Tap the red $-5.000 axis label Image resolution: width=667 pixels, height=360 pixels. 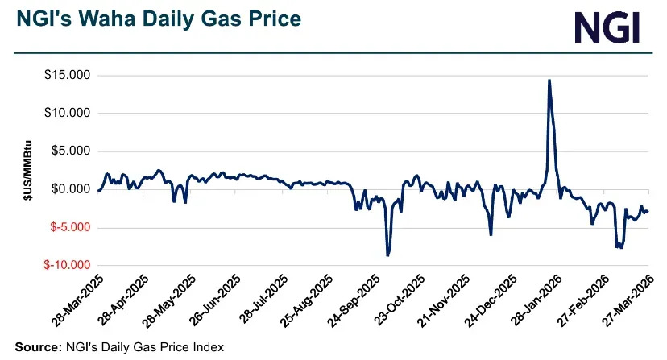pyautogui.click(x=68, y=227)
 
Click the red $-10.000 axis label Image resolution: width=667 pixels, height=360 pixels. pyautogui.click(x=65, y=265)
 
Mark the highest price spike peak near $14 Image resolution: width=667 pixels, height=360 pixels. pyautogui.click(x=549, y=81)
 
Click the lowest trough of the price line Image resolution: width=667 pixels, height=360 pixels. pyautogui.click(x=387, y=255)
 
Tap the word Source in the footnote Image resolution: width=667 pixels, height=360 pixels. pyautogui.click(x=35, y=347)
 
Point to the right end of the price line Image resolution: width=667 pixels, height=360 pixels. pyautogui.click(x=648, y=212)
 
